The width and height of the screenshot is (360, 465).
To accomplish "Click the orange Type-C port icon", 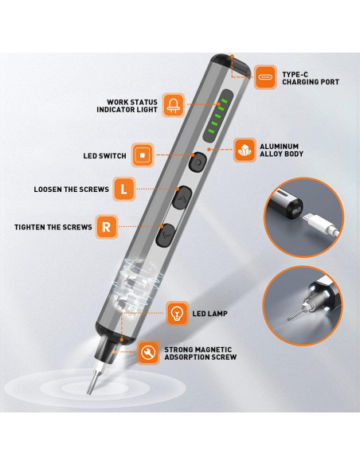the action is click(265, 77).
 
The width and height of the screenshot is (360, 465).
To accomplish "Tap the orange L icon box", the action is click(124, 189).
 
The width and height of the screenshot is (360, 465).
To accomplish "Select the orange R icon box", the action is click(107, 227).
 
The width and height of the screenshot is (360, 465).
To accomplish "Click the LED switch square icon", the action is click(143, 154).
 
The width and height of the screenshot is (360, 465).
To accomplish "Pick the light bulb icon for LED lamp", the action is click(178, 314).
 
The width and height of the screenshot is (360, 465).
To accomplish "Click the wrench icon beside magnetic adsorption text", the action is click(148, 353).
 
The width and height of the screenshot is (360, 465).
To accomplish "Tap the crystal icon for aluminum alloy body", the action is click(245, 150).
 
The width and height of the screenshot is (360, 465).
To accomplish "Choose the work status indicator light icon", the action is click(174, 105).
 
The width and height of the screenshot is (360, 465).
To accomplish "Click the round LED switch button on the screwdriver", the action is click(198, 162).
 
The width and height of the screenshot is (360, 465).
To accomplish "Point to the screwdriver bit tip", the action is click(88, 393).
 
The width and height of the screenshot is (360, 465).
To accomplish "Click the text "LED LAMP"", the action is click(209, 314).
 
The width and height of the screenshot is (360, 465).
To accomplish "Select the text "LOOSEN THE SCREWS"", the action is click(71, 190).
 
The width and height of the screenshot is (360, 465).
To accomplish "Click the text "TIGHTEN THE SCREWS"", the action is click(53, 227).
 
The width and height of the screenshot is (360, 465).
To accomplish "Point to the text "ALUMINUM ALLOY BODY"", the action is click(281, 150).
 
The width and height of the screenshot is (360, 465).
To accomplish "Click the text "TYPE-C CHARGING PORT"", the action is click(311, 78).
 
